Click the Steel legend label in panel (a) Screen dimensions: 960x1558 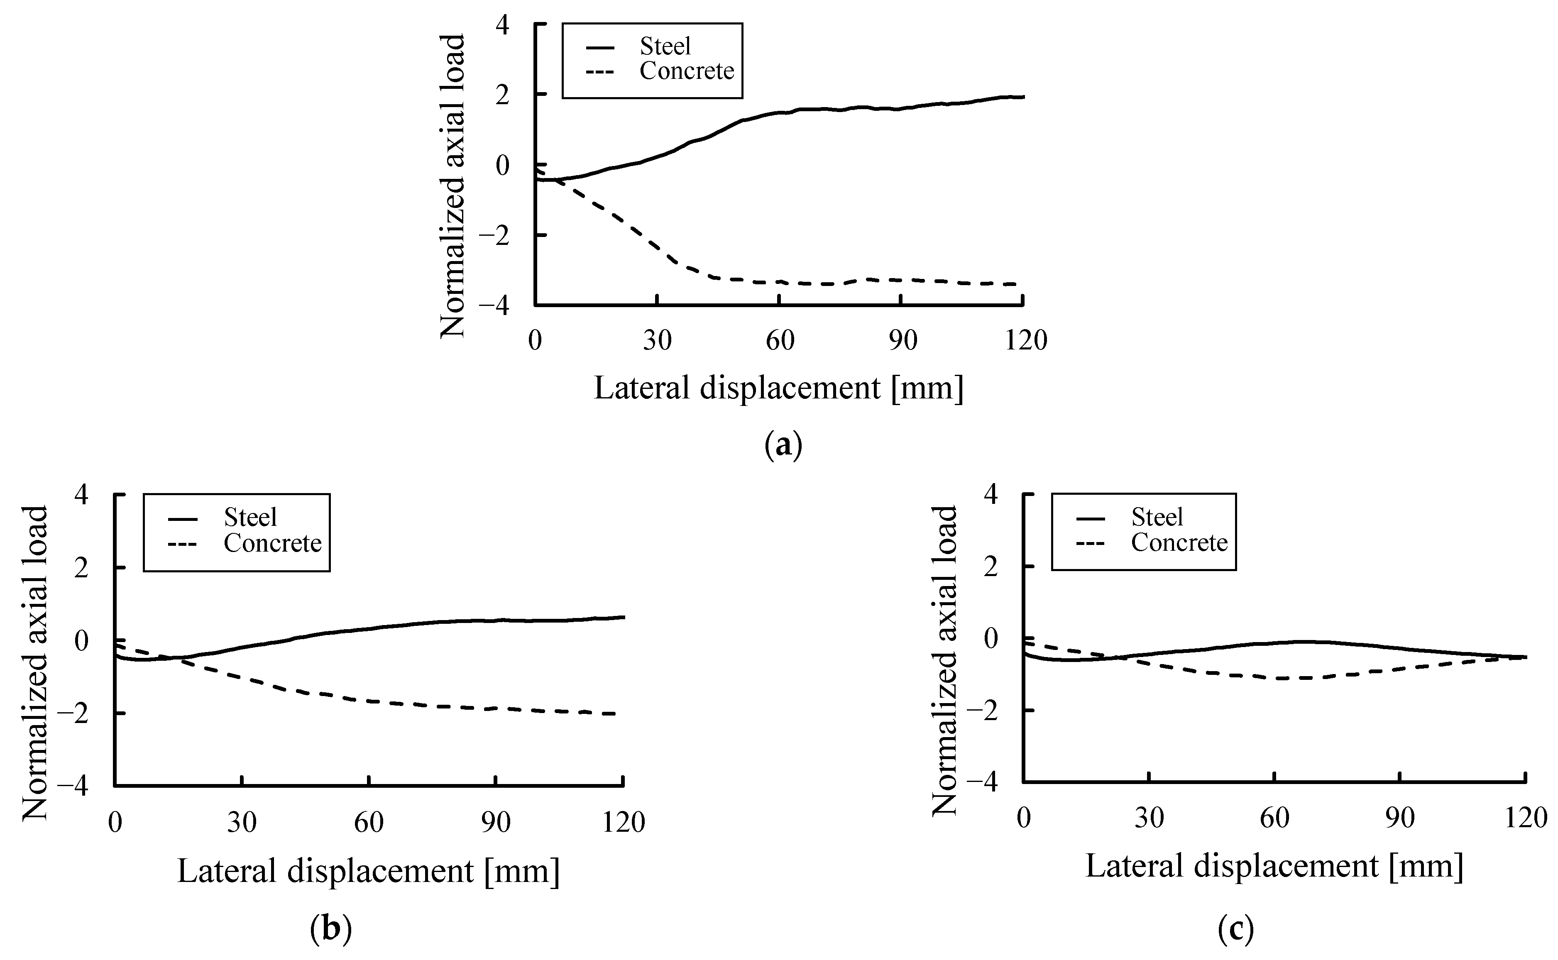tap(665, 46)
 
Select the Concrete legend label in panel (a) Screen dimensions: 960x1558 tap(686, 71)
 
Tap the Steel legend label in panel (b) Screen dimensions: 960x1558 tap(250, 518)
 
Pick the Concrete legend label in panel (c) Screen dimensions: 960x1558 tap(1179, 543)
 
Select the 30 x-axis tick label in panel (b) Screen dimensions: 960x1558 tap(242, 822)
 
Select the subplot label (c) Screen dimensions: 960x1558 tap(1236, 929)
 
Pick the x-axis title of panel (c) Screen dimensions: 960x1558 tap(1274, 866)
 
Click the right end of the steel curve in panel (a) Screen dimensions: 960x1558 tap(1023, 97)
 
